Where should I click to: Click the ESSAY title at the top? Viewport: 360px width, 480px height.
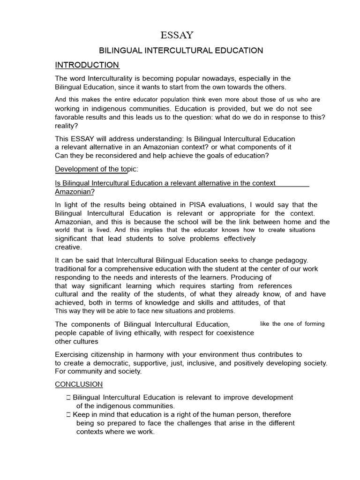pos(177,35)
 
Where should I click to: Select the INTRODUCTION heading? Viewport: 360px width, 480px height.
pos(87,65)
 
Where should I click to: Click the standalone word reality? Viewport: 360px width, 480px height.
pos(67,126)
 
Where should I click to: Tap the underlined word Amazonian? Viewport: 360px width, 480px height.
pos(75,192)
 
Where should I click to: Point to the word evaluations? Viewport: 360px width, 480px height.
pos(250,205)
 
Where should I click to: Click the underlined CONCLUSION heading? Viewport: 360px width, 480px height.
pos(79,384)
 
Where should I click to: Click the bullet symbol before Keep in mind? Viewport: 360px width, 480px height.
pos(68,414)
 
